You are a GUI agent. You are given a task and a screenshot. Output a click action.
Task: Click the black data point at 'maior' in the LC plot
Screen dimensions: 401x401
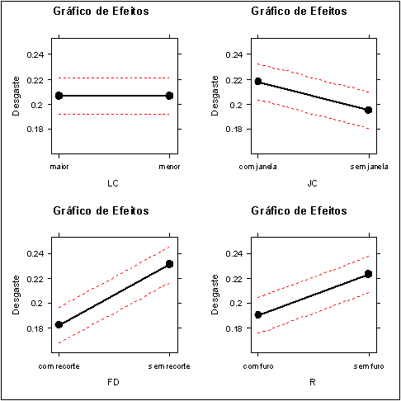click(x=59, y=96)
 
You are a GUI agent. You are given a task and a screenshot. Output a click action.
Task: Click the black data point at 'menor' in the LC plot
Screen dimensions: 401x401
click(x=169, y=96)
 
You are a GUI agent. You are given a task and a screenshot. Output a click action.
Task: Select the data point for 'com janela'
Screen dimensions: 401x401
click(x=258, y=82)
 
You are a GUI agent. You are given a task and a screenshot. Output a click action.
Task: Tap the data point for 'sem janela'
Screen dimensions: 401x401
click(x=368, y=110)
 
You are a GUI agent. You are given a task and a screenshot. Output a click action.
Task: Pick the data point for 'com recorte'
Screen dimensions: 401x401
click(x=59, y=324)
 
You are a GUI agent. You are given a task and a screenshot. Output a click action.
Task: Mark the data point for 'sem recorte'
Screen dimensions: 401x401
click(x=169, y=264)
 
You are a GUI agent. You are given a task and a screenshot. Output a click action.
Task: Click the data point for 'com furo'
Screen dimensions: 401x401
click(x=258, y=315)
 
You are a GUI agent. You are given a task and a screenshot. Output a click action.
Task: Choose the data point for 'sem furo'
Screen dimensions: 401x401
click(x=368, y=274)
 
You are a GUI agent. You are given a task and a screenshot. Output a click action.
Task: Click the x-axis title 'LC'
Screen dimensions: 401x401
click(x=114, y=182)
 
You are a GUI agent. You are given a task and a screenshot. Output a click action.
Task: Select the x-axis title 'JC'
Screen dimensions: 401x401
click(x=313, y=182)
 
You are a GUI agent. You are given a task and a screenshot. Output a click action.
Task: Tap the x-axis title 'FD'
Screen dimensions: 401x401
click(x=114, y=382)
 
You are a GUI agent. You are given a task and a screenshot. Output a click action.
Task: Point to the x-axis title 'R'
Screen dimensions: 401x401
click(x=313, y=382)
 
